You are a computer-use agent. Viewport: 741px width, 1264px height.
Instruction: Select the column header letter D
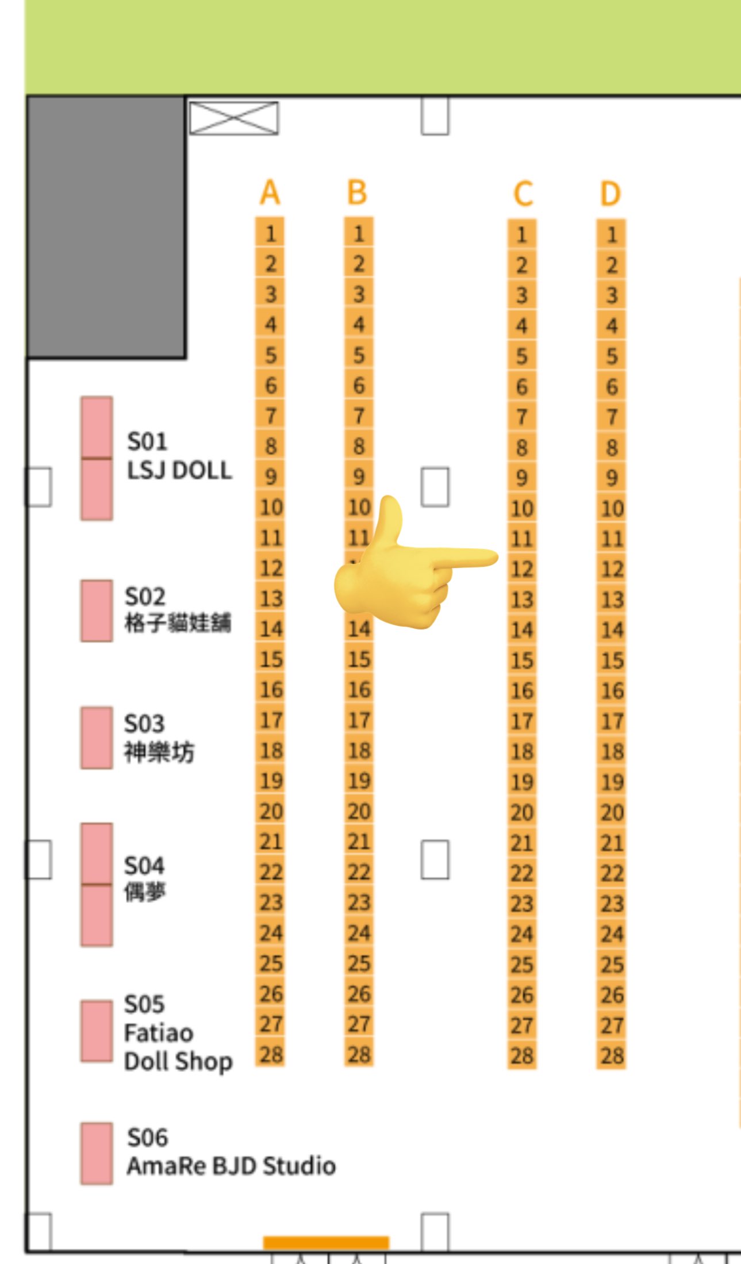(611, 193)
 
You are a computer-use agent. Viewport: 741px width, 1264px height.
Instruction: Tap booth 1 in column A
(270, 233)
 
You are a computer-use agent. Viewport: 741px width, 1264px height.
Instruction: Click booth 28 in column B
(359, 1054)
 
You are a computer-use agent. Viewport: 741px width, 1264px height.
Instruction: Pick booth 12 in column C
(522, 569)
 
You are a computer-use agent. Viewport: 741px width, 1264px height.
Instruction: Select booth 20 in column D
(612, 812)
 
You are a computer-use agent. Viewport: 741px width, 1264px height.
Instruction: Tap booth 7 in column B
(359, 416)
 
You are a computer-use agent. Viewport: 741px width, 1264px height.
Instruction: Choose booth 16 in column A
(271, 690)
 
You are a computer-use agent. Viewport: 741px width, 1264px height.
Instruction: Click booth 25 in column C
(522, 965)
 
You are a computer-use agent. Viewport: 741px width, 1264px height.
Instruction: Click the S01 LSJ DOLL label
(179, 456)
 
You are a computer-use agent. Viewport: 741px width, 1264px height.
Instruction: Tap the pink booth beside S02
(97, 610)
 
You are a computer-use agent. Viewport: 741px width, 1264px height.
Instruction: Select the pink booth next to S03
(97, 737)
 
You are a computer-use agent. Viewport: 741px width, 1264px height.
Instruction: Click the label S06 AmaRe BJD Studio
(230, 1152)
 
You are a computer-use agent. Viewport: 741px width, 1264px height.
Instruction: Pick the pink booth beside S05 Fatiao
(97, 1031)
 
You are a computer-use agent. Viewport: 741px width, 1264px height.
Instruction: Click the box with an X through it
(234, 118)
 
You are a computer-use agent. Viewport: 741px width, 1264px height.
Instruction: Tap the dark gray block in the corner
(106, 227)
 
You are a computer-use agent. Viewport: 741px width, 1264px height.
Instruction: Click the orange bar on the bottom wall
(326, 1242)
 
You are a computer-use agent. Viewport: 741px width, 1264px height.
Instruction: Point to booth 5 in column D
(612, 356)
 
